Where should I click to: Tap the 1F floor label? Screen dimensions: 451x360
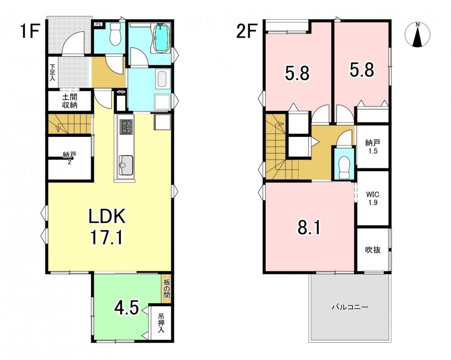pos(29,31)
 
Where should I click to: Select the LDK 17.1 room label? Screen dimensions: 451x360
pos(107,227)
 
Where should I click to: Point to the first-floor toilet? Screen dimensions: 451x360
pos(116,35)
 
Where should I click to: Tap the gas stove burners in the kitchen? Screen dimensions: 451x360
pos(126,127)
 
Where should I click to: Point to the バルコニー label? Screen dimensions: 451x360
pos(350,307)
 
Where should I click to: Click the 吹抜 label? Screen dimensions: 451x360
pos(373,250)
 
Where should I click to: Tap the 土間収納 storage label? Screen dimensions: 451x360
pos(70,101)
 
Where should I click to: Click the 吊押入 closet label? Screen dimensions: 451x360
pos(161,323)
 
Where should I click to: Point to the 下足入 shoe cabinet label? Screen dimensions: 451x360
pos(52,72)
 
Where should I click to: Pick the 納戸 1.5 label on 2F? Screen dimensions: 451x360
pos(372,146)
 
